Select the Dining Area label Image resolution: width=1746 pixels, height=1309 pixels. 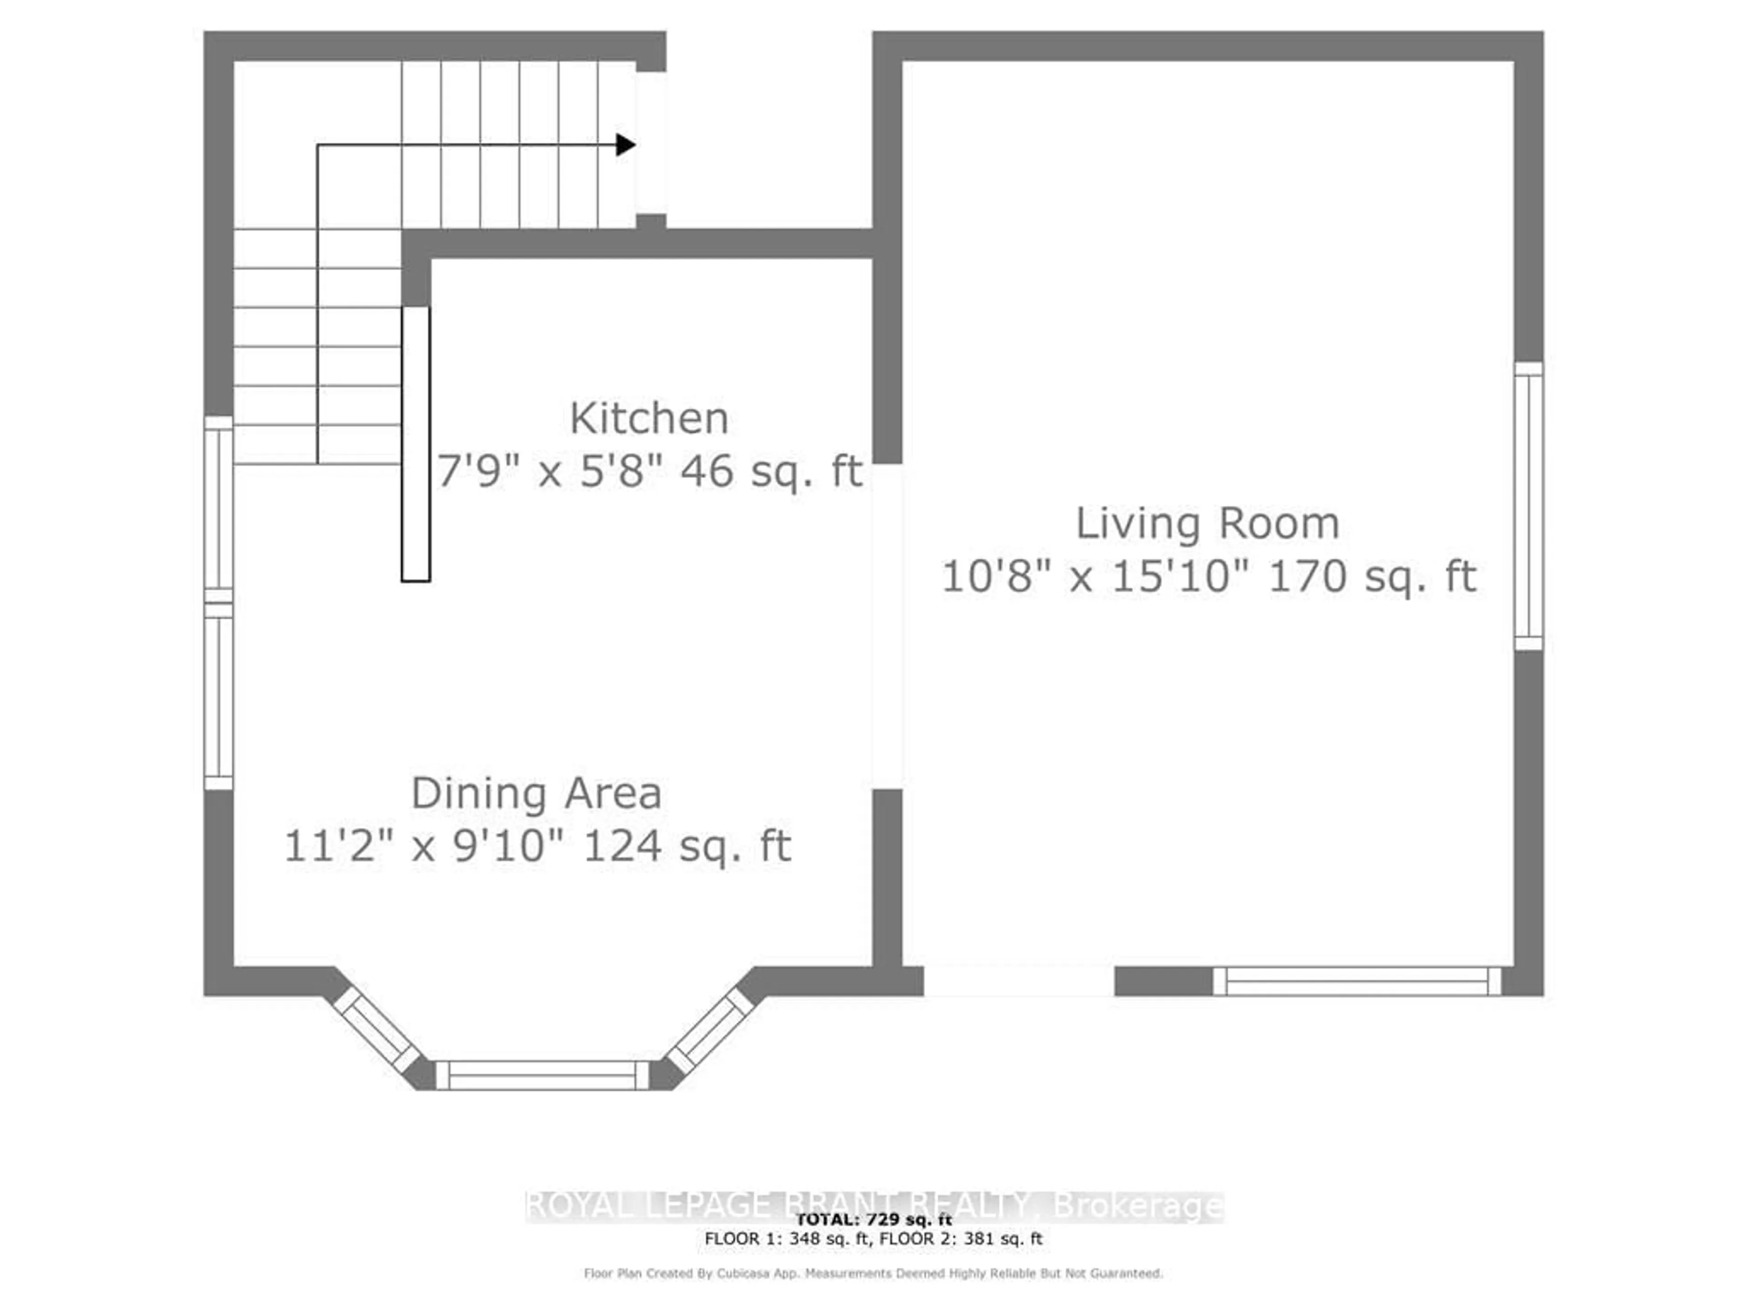click(536, 793)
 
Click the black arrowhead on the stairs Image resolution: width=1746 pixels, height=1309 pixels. click(625, 145)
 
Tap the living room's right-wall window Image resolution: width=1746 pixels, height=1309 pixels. click(1528, 506)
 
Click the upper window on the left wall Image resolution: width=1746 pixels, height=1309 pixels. click(219, 509)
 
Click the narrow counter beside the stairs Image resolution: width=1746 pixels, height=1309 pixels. click(416, 444)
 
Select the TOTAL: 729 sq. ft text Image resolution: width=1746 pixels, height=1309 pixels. click(873, 1220)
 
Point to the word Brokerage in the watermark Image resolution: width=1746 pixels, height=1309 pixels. click(1138, 1206)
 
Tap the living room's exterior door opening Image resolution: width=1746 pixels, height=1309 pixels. click(1018, 981)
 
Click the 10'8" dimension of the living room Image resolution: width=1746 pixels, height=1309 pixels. click(988, 577)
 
